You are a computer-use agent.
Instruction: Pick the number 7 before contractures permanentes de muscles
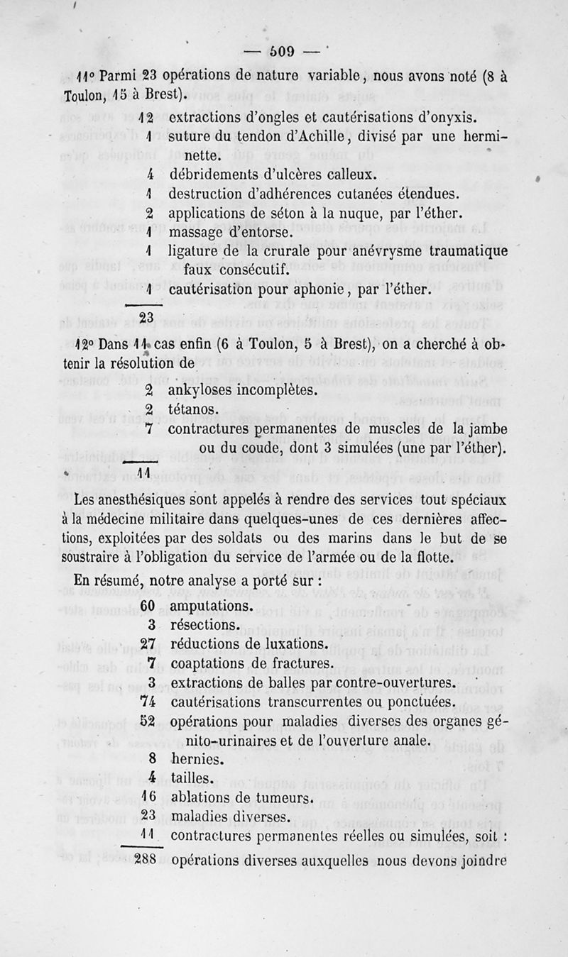click(149, 428)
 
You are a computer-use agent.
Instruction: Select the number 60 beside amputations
click(148, 607)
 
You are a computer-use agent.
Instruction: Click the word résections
click(204, 626)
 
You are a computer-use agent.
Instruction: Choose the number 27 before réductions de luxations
click(148, 645)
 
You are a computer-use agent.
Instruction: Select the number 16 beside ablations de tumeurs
click(148, 797)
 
